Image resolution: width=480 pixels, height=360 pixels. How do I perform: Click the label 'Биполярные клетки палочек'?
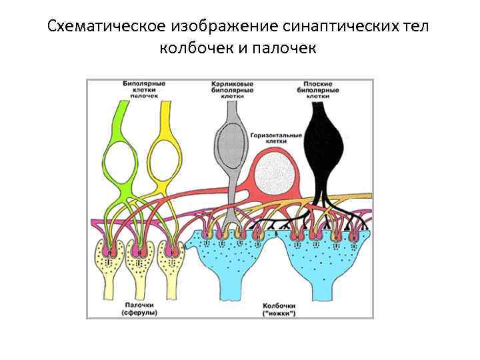[x=143, y=89]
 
